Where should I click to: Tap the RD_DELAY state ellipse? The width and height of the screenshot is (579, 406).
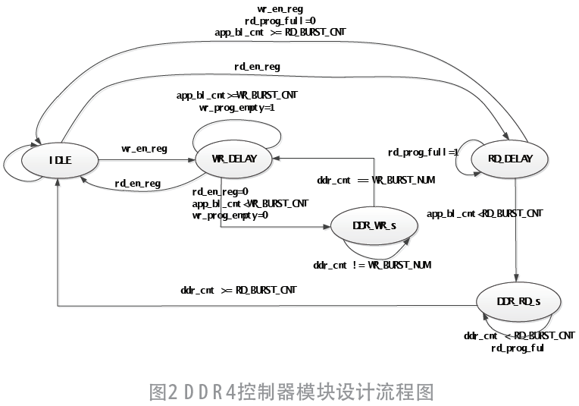pos(511,159)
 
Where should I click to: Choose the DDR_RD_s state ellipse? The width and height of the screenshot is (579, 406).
pos(518,302)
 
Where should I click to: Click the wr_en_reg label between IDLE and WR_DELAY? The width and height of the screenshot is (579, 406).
pos(144,149)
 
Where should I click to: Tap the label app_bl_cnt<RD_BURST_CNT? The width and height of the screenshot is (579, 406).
pos(485,214)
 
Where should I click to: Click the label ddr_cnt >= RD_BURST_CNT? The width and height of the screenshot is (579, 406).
pos(239,290)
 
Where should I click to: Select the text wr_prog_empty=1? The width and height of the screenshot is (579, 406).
pos(237,108)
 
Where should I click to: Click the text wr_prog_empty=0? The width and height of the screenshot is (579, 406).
pos(230,216)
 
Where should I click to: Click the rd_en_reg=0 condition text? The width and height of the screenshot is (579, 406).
pos(221,192)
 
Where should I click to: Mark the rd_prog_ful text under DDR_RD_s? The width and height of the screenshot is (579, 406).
pos(518,348)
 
